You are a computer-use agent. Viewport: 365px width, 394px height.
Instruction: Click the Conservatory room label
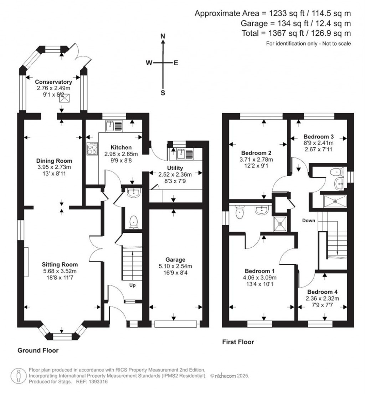pyautogui.click(x=53, y=82)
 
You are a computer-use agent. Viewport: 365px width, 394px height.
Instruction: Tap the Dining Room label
pyautogui.click(x=54, y=161)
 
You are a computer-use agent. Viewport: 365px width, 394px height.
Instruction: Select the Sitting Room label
pyautogui.click(x=60, y=264)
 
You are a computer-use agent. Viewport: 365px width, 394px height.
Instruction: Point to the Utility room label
pyautogui.click(x=175, y=168)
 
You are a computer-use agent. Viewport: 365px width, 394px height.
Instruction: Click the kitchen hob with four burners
pyautogui.click(x=92, y=148)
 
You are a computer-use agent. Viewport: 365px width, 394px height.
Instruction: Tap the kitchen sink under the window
pyautogui.click(x=114, y=126)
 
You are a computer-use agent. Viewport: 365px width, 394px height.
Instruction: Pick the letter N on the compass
pyautogui.click(x=163, y=36)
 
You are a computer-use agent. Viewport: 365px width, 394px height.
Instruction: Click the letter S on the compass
pyautogui.click(x=163, y=93)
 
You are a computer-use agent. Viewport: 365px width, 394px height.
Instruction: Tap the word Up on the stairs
pyautogui.click(x=133, y=286)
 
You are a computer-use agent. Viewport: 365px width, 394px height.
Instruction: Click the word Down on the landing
pyautogui.click(x=309, y=221)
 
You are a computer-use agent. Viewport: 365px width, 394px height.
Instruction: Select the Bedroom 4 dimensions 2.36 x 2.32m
pyautogui.click(x=324, y=298)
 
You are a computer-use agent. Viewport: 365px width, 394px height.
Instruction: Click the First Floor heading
pyautogui.click(x=238, y=342)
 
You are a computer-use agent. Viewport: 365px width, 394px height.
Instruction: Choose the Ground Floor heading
pyautogui.click(x=38, y=350)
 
